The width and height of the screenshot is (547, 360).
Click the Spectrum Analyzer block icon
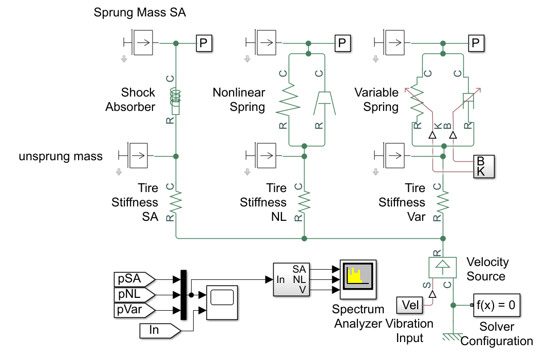[356, 280]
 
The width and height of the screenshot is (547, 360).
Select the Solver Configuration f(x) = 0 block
[496, 306]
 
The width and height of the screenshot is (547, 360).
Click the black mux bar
[183, 295]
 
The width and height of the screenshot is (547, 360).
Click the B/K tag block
[483, 166]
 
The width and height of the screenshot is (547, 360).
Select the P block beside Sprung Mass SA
[204, 44]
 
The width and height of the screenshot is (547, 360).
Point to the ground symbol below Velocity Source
[452, 336]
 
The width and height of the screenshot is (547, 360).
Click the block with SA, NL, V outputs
[291, 280]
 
